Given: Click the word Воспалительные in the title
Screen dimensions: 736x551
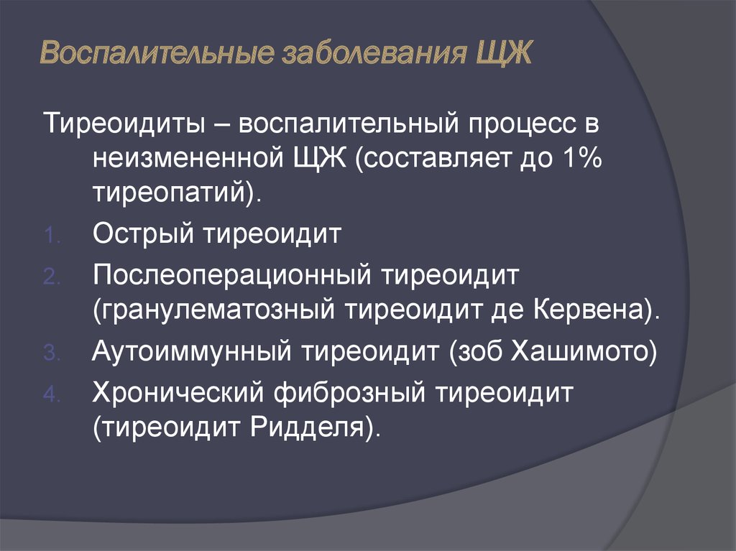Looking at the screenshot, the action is pos(157,52).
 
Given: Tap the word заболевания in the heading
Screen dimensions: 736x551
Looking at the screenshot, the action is pos(374,52).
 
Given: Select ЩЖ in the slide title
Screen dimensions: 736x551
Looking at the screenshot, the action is pos(504,53).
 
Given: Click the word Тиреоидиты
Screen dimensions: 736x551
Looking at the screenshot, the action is pos(124,124).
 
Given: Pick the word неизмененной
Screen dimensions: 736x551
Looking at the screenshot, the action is pos(188,158).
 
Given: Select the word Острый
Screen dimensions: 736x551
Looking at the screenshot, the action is pos(143,233).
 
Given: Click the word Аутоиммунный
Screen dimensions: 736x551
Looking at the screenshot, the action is pos(191,351).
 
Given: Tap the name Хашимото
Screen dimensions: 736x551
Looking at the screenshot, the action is pos(579,351).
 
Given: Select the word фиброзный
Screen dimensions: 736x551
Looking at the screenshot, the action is pos(349,392).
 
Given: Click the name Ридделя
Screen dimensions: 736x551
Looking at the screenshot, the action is pos(307,427).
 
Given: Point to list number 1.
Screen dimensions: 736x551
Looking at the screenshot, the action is pos(51,236).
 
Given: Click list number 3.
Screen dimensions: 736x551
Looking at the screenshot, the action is pos(52,353).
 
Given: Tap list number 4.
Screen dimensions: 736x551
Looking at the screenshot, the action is pos(52,394).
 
